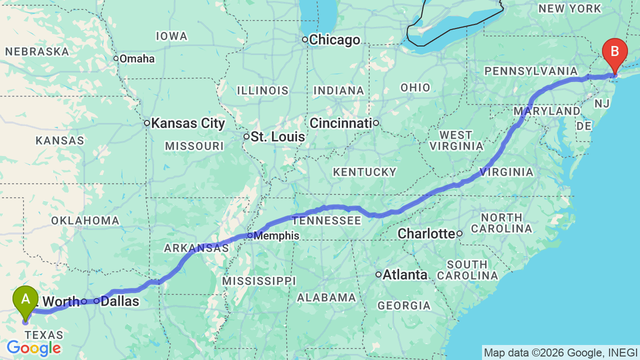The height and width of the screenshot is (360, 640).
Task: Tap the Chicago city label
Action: [334, 40]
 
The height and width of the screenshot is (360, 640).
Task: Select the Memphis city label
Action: [276, 235]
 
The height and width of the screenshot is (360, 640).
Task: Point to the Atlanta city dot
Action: [378, 274]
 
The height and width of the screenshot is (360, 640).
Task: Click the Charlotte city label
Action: [426, 233]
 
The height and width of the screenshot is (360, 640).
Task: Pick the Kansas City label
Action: [187, 123]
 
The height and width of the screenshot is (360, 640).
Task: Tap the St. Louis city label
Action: [277, 136]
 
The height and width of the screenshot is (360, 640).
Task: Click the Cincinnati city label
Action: [340, 123]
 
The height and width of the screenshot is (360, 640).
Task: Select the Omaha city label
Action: [137, 58]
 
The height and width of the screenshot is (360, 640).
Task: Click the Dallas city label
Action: [119, 301]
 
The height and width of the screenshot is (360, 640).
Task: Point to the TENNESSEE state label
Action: [326, 220]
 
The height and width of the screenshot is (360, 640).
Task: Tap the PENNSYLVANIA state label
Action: [531, 71]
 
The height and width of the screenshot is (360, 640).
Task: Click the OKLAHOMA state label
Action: [85, 220]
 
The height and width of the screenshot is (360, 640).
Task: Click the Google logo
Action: [34, 348]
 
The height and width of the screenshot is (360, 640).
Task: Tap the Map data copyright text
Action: [560, 352]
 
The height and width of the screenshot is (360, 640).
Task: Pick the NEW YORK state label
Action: [569, 8]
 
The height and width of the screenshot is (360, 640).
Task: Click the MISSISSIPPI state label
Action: [258, 281]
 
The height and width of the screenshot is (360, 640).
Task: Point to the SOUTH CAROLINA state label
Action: [467, 270]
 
